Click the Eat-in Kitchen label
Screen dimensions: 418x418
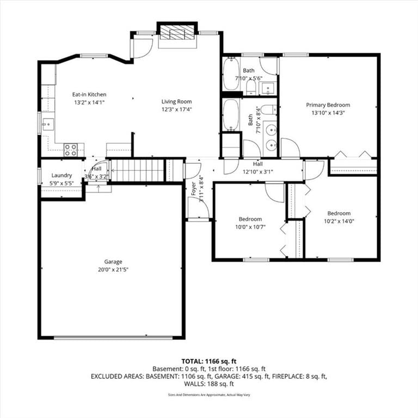[x=89, y=94]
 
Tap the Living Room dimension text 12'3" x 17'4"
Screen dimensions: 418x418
[x=176, y=109]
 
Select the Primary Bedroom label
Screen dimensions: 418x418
[x=328, y=104]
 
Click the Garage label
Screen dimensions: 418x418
[x=113, y=261]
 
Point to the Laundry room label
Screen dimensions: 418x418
[x=62, y=175]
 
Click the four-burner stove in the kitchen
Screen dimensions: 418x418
[x=71, y=150]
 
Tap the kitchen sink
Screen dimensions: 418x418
[x=48, y=125]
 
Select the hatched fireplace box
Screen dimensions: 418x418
[x=177, y=33]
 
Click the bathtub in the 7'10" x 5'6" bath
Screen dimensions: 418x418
[x=231, y=73]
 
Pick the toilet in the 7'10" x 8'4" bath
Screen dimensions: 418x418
[x=268, y=109]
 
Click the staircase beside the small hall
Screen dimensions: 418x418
[x=137, y=170]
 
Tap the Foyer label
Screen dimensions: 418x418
[x=194, y=189]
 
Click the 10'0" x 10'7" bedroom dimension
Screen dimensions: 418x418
[x=250, y=227]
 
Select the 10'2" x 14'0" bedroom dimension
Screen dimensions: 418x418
[x=339, y=222]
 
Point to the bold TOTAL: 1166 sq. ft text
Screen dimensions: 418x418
[x=209, y=361]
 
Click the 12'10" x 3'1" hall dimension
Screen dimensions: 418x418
[x=258, y=172]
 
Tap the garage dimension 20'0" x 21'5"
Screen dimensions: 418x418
[x=113, y=269]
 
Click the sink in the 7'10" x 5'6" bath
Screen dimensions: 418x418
[x=268, y=88]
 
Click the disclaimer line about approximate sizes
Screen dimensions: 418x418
[x=209, y=395]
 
